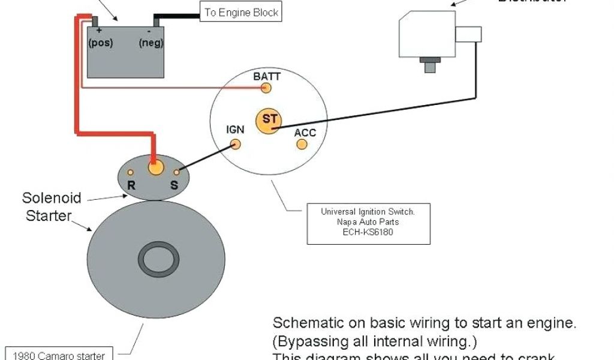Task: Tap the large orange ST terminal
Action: coord(268,121)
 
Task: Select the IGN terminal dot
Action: coord(236,144)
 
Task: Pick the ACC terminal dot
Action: coord(302,145)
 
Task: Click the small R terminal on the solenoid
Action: coord(130,173)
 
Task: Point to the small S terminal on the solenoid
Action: coord(176,172)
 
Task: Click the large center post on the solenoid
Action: coord(155,167)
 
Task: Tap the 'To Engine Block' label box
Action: coord(241,12)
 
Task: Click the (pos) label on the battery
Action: coord(101,43)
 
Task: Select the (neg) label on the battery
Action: coord(151,43)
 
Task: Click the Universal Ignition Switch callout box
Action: coord(368,222)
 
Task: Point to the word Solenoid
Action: coord(52,197)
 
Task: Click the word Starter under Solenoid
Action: coord(49,215)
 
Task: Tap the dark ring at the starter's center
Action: coord(159,259)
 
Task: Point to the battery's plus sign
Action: coord(98,29)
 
